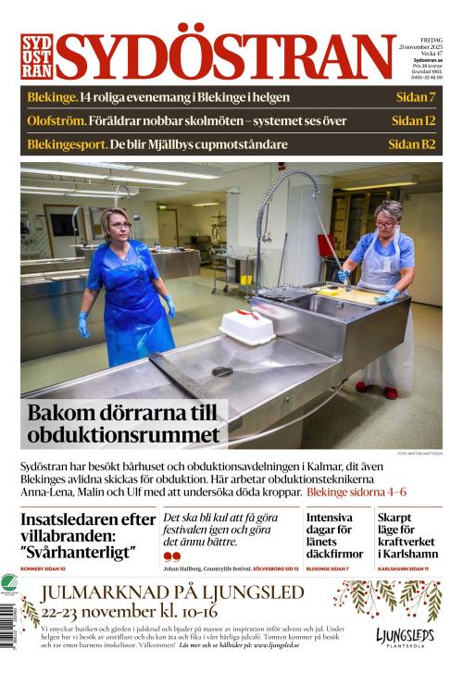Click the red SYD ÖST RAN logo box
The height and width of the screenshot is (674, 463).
(x=36, y=56)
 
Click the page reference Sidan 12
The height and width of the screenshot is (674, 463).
(x=413, y=120)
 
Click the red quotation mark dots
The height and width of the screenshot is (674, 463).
(x=171, y=555)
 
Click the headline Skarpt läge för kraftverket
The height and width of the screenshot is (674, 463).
(x=407, y=536)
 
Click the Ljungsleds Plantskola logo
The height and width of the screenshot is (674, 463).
(x=405, y=639)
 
